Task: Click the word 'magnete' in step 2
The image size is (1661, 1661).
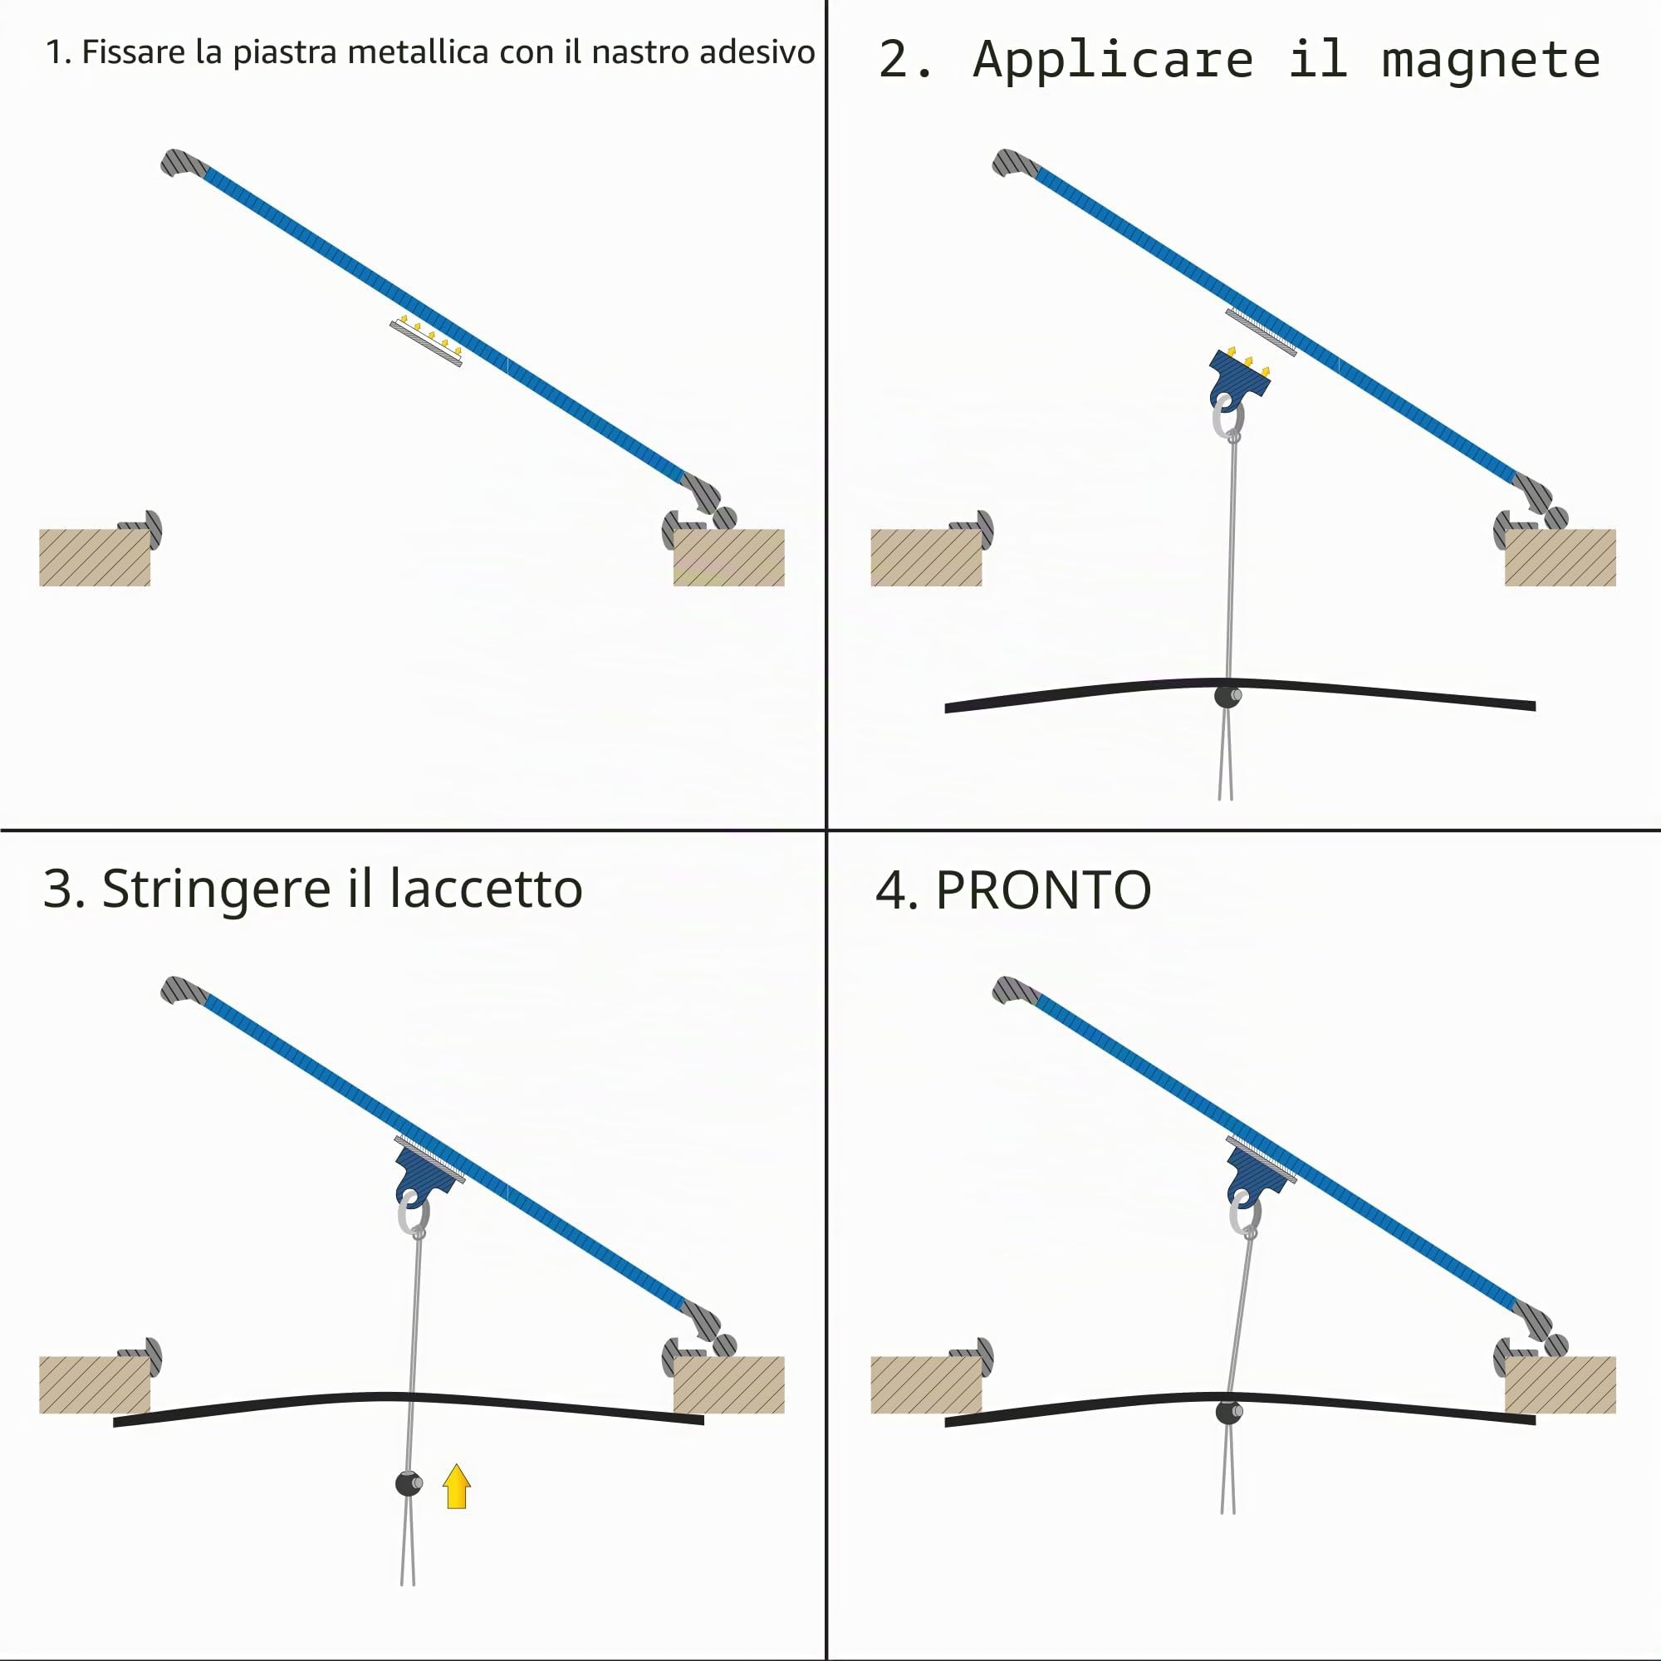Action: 1491,60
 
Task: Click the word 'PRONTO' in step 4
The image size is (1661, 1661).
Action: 1043,889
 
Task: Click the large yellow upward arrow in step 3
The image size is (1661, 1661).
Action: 457,1487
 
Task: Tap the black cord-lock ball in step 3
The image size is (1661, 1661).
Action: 409,1483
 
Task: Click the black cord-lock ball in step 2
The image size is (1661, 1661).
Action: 1227,695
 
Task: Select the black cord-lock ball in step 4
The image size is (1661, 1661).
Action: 1228,1411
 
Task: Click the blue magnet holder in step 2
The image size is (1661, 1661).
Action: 1239,378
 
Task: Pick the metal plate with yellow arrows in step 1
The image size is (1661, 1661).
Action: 425,342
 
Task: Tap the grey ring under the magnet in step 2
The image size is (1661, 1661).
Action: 1227,419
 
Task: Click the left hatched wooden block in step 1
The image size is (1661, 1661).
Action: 95,557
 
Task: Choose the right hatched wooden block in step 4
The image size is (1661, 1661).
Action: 1560,1384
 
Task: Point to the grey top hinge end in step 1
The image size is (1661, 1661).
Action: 182,163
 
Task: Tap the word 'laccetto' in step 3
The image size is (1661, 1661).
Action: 486,888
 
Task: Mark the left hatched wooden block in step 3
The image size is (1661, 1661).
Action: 95,1384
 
